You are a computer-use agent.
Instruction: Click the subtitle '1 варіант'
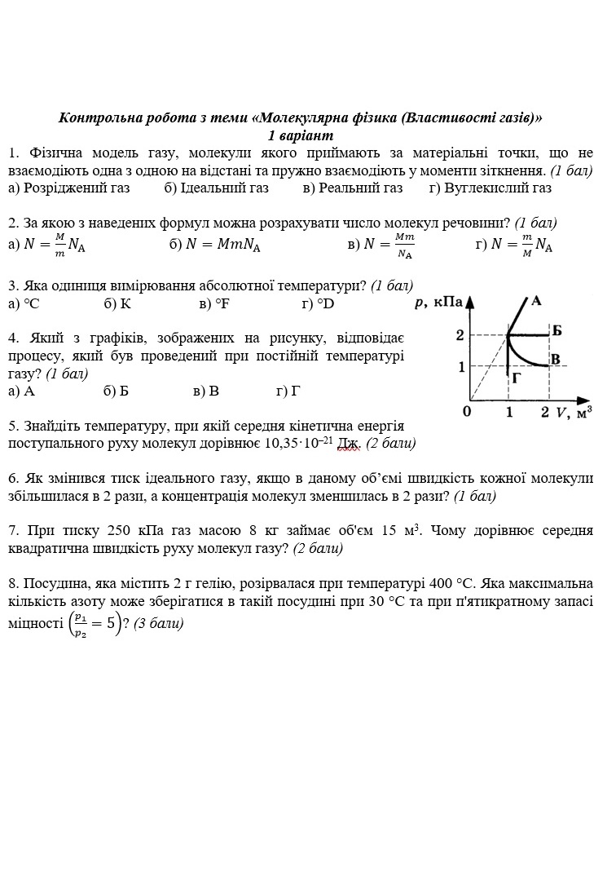click(x=301, y=135)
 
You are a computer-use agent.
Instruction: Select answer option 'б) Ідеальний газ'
click(x=216, y=188)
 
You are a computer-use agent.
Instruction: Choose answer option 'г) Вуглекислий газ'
click(x=490, y=188)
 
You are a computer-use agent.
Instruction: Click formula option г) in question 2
click(x=513, y=245)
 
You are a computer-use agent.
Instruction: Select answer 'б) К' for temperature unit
click(x=117, y=304)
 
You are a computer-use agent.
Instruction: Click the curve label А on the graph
click(x=536, y=301)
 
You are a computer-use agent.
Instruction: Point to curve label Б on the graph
click(x=556, y=330)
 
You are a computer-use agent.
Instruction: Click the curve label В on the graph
click(x=555, y=360)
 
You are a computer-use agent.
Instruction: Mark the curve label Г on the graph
click(x=517, y=378)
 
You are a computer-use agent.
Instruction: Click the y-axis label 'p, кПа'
click(x=438, y=303)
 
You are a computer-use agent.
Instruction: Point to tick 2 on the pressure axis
click(x=460, y=335)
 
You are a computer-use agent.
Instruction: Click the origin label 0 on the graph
click(x=467, y=412)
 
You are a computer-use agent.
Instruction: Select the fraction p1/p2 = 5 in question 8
click(x=95, y=624)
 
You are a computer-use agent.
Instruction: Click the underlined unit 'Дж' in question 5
click(x=349, y=444)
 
